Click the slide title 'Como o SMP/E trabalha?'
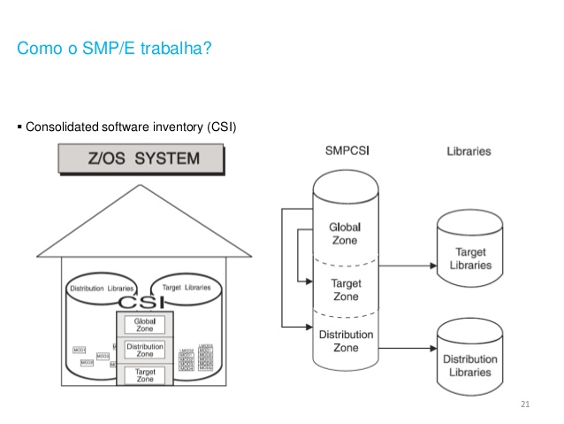(114, 48)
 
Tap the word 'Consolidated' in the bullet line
(63, 127)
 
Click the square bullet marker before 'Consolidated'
(20, 127)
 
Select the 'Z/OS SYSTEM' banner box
(141, 160)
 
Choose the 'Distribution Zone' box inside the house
(145, 351)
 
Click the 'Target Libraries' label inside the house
(186, 289)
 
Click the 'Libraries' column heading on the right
(469, 151)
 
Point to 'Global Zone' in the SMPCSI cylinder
(344, 233)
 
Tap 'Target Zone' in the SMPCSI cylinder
(344, 289)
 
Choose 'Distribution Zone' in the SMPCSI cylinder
(344, 342)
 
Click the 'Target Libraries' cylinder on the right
(469, 257)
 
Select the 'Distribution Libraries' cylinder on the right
(469, 363)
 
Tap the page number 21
(525, 405)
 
